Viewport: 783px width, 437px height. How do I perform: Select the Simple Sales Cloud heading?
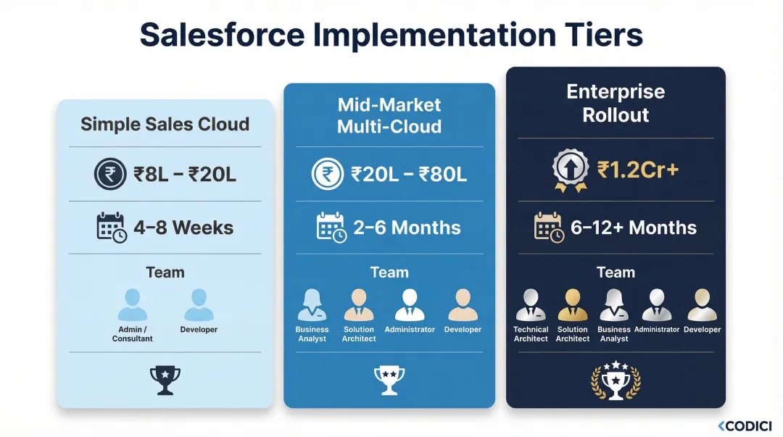(165, 124)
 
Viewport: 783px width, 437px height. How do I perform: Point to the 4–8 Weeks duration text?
(183, 228)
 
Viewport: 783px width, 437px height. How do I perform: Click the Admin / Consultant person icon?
(133, 305)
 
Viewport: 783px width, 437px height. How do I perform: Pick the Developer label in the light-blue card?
(199, 330)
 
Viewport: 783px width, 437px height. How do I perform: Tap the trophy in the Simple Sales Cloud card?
(165, 378)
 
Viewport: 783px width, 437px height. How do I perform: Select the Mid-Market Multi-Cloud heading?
(389, 116)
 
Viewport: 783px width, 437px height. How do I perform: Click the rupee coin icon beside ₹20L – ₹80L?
(327, 175)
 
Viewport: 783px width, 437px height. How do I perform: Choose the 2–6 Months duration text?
(407, 228)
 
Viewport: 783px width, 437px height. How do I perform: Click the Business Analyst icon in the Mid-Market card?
(312, 305)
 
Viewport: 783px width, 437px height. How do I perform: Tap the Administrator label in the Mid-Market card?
(410, 330)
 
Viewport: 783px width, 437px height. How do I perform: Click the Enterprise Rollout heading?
(616, 104)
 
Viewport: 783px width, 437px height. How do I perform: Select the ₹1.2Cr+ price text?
(638, 170)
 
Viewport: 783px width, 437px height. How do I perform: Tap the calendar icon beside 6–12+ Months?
(549, 227)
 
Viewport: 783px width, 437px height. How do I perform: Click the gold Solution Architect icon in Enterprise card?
(573, 305)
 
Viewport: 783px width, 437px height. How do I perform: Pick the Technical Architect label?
(531, 334)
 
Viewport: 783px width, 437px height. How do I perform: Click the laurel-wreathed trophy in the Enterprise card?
(616, 380)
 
